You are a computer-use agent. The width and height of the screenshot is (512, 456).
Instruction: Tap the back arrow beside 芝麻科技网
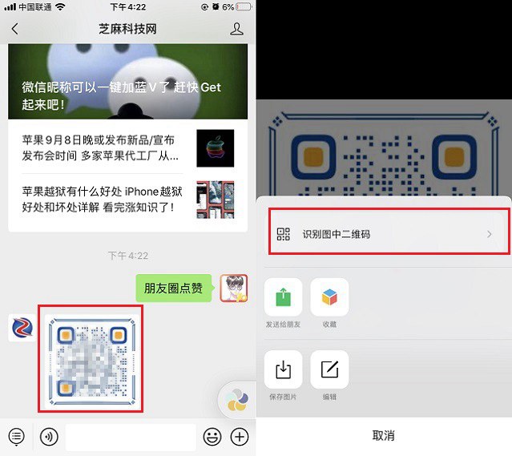tap(14, 30)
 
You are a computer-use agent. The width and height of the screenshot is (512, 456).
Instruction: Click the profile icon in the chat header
tap(236, 30)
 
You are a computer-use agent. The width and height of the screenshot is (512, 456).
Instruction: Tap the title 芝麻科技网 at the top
tap(127, 30)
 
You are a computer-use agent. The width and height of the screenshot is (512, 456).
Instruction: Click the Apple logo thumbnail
tap(215, 148)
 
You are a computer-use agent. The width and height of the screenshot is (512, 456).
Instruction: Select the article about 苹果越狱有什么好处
tap(100, 200)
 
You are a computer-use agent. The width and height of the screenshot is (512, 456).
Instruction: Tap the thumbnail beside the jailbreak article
tap(215, 200)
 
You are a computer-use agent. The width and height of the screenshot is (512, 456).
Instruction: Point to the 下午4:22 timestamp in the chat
tap(128, 256)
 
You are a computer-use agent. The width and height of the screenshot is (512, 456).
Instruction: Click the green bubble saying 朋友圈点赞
tap(173, 288)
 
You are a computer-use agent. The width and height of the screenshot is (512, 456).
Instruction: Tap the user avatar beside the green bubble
tap(233, 288)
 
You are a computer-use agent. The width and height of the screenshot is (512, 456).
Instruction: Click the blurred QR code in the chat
tap(91, 360)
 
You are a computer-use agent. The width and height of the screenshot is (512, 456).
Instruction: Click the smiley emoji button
tap(212, 437)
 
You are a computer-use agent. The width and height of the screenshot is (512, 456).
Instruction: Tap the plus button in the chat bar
tap(240, 437)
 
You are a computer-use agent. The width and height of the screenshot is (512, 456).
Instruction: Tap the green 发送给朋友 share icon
tap(283, 297)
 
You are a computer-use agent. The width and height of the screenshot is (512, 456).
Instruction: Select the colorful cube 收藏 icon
tap(329, 297)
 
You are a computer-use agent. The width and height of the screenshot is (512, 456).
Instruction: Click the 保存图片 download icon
tap(283, 369)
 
